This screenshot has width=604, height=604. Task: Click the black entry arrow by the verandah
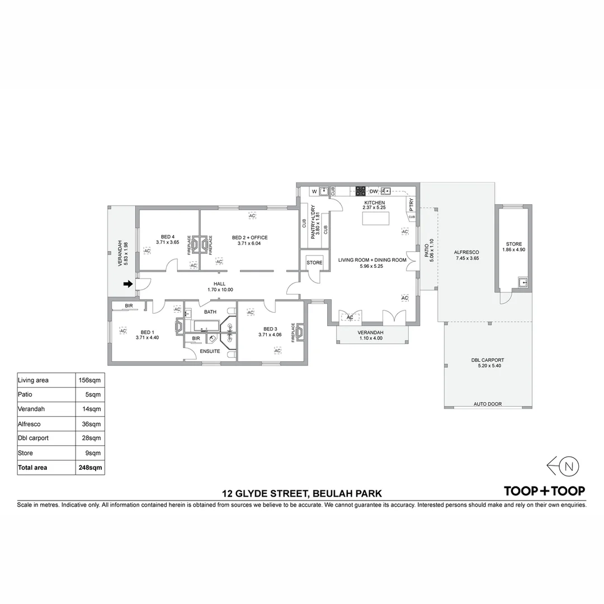[128, 284]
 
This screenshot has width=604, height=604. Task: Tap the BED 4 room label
[168, 237]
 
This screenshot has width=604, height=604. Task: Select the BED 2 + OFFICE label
[249, 238]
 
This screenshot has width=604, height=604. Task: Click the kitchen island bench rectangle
[376, 219]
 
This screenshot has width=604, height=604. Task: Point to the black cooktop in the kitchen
[360, 191]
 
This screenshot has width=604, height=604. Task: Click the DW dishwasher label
[374, 191]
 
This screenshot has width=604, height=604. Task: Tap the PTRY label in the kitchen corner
[412, 204]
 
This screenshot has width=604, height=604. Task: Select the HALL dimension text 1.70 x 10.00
[220, 290]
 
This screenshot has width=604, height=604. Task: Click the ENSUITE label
[210, 351]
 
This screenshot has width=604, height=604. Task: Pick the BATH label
[210, 312]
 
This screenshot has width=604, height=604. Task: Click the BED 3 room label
[270, 329]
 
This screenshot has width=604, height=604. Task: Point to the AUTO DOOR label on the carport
[488, 404]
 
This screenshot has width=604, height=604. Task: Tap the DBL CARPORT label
[488, 360]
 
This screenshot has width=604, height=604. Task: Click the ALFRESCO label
[466, 253]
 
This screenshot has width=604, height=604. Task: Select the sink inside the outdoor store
[523, 282]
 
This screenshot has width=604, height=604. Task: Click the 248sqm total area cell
[90, 468]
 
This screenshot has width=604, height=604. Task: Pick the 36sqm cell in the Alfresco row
[91, 424]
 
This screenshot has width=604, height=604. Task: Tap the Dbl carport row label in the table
[33, 438]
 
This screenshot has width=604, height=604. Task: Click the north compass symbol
[563, 466]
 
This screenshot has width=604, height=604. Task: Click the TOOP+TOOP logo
[545, 491]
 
